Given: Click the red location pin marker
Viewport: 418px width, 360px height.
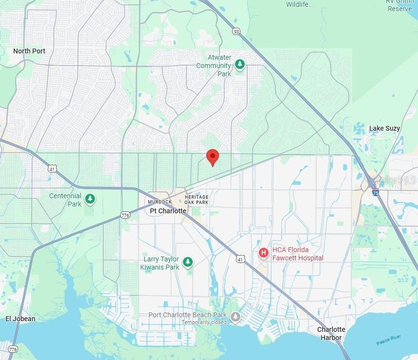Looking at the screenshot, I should tap(213, 157).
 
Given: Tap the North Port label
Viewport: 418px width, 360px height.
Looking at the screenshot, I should tap(29, 51).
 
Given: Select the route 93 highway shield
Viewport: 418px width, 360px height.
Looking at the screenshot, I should tap(236, 31).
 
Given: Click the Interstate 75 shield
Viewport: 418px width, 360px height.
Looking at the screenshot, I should tap(375, 192).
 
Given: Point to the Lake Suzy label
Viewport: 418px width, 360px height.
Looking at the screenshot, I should tap(384, 128).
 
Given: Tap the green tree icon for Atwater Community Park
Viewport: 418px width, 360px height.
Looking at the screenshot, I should tap(240, 65).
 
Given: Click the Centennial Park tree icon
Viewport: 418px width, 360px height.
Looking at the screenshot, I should tap(90, 199).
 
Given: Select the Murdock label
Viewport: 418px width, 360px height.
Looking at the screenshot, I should tap(160, 202).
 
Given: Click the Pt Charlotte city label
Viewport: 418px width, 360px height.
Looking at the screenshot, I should tap(168, 211).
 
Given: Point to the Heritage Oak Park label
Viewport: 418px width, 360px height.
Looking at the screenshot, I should tap(196, 199).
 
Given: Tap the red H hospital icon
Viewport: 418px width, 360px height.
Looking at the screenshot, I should tap(263, 253).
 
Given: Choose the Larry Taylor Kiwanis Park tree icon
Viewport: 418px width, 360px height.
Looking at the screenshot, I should tap(188, 262).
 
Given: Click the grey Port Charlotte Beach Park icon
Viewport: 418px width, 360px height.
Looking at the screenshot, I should tap(235, 316).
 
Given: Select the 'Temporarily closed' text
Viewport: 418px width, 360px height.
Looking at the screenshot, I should tap(204, 322).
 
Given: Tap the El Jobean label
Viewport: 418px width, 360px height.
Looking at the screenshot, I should tap(21, 318).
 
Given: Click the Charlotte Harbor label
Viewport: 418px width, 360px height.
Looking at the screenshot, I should tap(331, 333).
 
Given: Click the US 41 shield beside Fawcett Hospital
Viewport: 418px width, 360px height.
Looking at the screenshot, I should tap(241, 258).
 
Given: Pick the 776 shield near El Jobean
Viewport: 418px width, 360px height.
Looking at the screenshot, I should tap(13, 349).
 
